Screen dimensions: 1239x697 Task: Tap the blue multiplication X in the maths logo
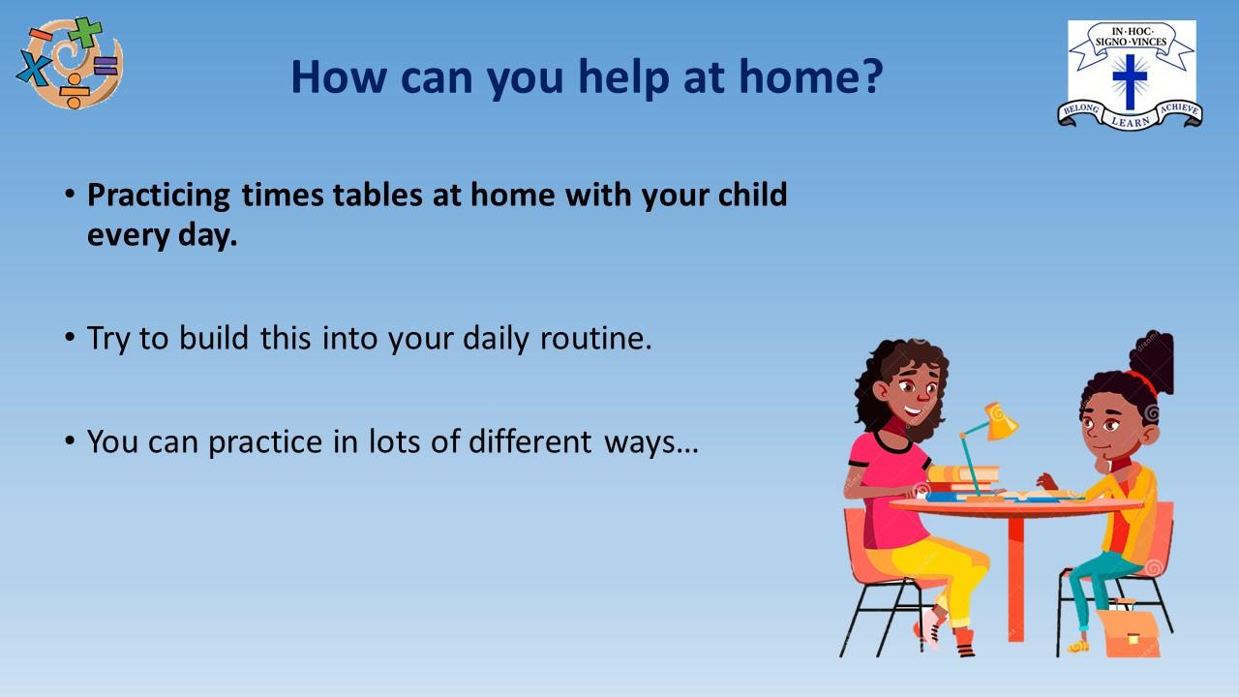tap(34, 68)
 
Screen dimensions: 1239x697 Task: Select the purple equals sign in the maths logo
tap(106, 66)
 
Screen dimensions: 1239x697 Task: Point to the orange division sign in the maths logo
tap(74, 91)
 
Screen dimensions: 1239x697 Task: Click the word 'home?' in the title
tap(811, 76)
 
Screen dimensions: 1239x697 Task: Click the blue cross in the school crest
tap(1130, 81)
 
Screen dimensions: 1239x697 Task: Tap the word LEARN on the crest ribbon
tap(1130, 121)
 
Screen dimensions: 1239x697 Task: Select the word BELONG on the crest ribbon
tap(1081, 110)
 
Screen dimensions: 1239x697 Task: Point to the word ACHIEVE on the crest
tap(1179, 108)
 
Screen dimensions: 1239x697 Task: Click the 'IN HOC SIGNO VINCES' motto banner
tap(1132, 37)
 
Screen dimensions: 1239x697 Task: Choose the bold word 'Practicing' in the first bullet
tap(158, 196)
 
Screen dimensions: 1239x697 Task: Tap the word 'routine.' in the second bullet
tap(595, 338)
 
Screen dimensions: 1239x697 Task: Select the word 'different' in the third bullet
tap(529, 441)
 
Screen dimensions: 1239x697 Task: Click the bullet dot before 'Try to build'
tap(70, 336)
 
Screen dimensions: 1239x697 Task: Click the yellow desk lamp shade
tap(1000, 422)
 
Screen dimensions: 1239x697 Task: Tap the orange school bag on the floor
tap(1129, 632)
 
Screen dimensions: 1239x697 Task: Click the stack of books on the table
tap(962, 482)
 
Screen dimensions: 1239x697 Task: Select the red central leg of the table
tap(1015, 579)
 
